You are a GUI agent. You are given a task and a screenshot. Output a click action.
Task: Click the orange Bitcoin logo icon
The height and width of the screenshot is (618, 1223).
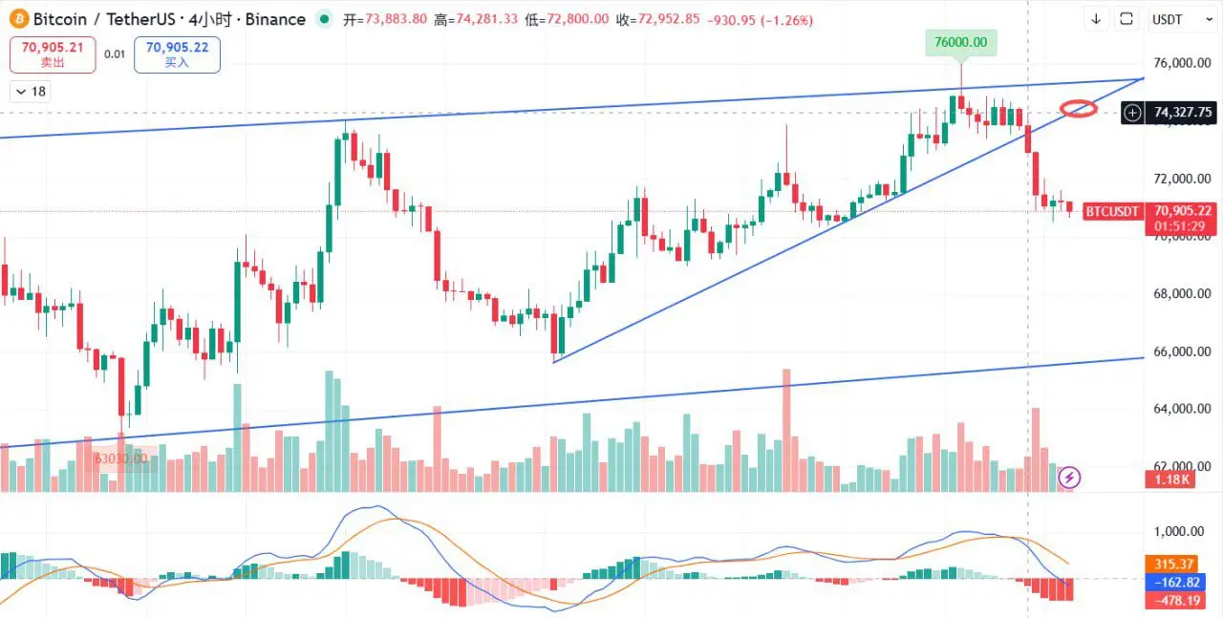pos(18,19)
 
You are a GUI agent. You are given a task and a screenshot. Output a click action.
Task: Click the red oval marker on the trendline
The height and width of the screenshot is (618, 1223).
pos(1079,109)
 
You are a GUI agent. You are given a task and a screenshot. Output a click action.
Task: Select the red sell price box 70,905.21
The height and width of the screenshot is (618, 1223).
pos(53,54)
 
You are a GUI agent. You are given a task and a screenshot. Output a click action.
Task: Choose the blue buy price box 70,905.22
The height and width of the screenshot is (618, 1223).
pos(177,54)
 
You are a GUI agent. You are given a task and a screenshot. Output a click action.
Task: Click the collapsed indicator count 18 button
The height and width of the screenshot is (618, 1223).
pos(31,92)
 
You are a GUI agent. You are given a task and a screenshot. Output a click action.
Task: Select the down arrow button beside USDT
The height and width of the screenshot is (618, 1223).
pos(1096,19)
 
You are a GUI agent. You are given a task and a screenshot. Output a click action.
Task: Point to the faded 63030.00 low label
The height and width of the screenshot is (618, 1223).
pos(120,458)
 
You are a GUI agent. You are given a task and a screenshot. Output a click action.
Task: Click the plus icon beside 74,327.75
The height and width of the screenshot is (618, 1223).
pos(1132,113)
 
